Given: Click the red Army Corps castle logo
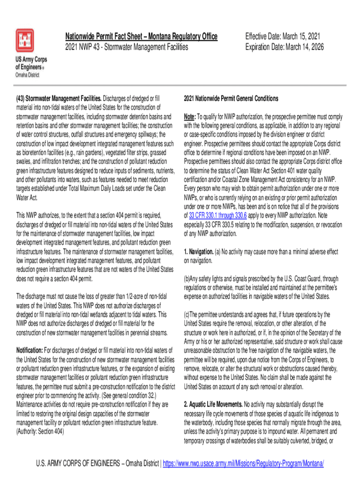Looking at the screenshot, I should [25, 41].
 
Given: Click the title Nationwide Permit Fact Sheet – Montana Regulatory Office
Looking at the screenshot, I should [141, 37].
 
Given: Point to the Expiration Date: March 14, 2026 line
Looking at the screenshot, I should [284, 47].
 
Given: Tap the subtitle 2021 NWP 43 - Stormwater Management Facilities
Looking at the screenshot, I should [127, 47].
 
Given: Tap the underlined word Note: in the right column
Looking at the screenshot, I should [190, 116].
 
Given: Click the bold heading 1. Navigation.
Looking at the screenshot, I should [199, 252].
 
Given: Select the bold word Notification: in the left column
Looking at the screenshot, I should [30, 350].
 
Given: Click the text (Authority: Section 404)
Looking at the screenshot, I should [40, 431].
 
